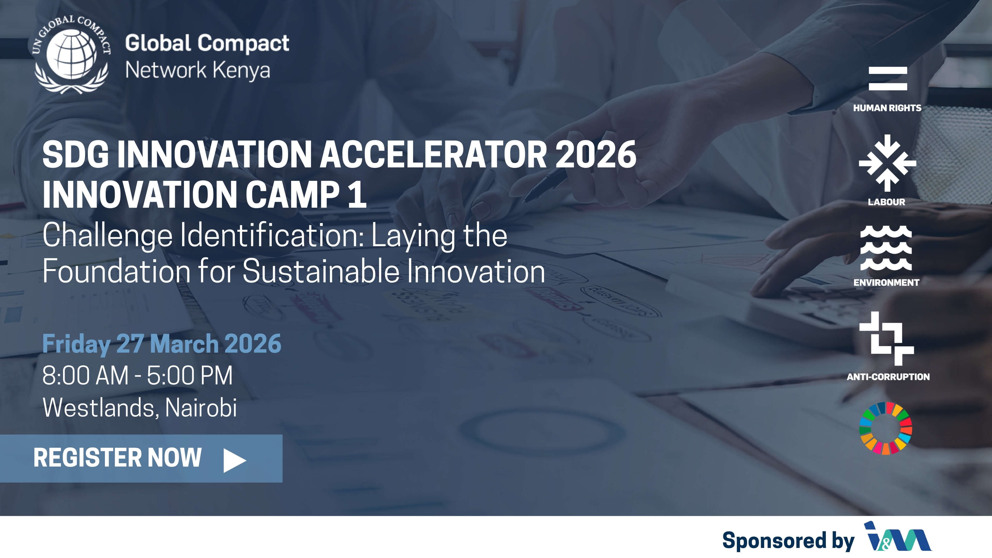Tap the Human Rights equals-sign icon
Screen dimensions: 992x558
(x=888, y=79)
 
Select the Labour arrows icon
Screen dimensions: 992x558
(x=887, y=163)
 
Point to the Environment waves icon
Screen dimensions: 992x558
(x=886, y=248)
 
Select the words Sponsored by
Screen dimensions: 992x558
(x=788, y=540)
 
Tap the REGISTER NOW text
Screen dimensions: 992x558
(x=118, y=458)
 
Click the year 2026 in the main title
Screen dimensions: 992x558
(x=595, y=154)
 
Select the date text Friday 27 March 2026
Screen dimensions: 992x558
(x=162, y=344)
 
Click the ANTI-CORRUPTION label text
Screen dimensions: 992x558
(x=888, y=377)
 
